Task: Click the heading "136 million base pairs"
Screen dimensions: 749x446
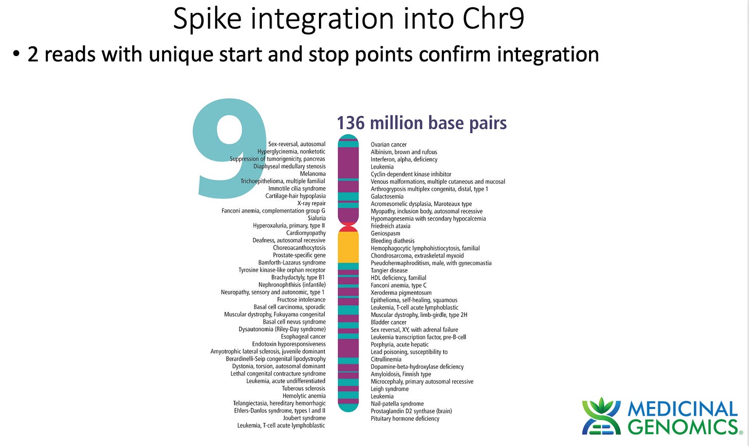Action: (421, 123)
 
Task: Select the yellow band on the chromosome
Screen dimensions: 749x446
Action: (348, 247)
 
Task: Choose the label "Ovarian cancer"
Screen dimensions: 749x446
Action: (388, 145)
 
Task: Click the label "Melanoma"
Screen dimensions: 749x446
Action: (313, 174)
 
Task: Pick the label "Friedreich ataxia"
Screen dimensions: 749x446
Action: (390, 226)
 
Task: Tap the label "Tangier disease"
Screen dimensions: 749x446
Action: (389, 271)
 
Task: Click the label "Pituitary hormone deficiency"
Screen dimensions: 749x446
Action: (405, 419)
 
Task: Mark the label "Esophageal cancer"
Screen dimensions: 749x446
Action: (303, 337)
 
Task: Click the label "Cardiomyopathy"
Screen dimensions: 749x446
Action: (306, 233)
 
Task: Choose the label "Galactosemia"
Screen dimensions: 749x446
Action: (387, 197)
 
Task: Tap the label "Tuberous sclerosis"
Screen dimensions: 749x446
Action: (304, 389)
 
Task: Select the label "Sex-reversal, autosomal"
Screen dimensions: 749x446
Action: (296, 144)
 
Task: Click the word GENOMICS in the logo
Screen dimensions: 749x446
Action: (683, 427)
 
